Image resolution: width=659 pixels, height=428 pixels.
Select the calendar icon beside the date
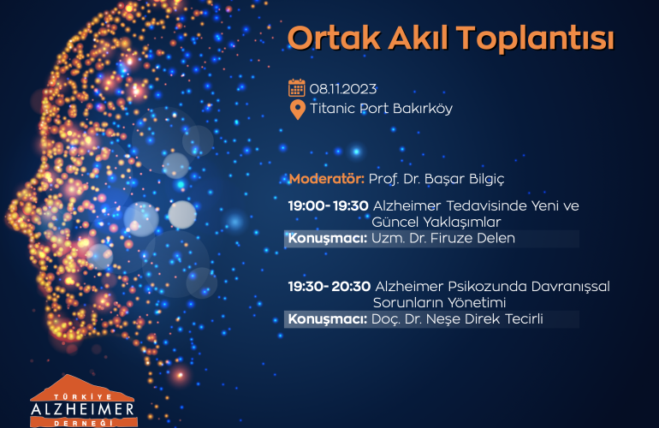point(297,88)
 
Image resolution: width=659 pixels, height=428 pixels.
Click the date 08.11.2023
point(343,89)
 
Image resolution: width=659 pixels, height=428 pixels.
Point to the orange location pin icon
point(298,110)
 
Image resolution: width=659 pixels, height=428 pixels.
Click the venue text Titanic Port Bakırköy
point(381,109)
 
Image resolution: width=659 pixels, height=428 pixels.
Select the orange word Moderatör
point(327,179)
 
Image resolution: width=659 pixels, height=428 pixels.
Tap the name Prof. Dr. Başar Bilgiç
point(436,179)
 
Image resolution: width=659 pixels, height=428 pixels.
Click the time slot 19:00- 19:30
point(329,206)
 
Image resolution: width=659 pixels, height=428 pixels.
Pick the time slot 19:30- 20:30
point(329,287)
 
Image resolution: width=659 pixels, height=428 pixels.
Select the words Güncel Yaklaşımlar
point(436,223)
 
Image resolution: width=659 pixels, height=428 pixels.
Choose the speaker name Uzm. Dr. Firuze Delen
point(443,238)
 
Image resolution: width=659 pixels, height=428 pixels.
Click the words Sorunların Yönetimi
point(439,303)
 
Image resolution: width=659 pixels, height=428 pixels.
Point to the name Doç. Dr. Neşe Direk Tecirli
point(457,319)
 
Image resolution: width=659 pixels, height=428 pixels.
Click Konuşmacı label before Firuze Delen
point(328,238)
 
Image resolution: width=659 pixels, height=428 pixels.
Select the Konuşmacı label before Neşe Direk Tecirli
point(328,319)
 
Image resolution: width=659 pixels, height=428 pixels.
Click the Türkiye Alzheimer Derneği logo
point(83,401)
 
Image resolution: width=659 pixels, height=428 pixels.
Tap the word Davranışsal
point(570,287)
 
